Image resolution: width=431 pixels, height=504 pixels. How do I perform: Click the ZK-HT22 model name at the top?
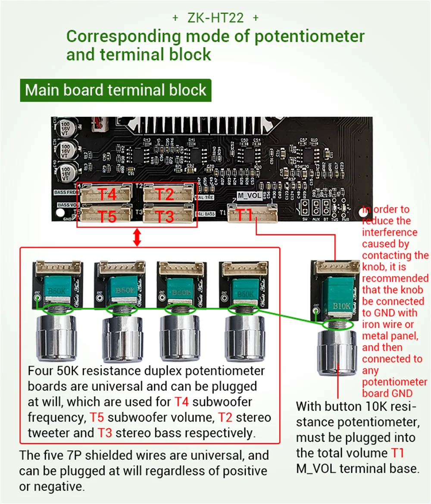pos(215,18)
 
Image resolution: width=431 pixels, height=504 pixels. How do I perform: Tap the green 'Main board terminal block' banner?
pos(116,90)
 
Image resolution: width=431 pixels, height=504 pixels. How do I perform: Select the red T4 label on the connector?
pos(107,194)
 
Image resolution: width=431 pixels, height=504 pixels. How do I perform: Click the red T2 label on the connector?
pos(164,194)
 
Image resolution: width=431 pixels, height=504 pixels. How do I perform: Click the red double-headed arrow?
pos(137,237)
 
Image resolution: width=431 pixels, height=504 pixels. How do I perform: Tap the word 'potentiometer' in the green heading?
pos(309,36)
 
